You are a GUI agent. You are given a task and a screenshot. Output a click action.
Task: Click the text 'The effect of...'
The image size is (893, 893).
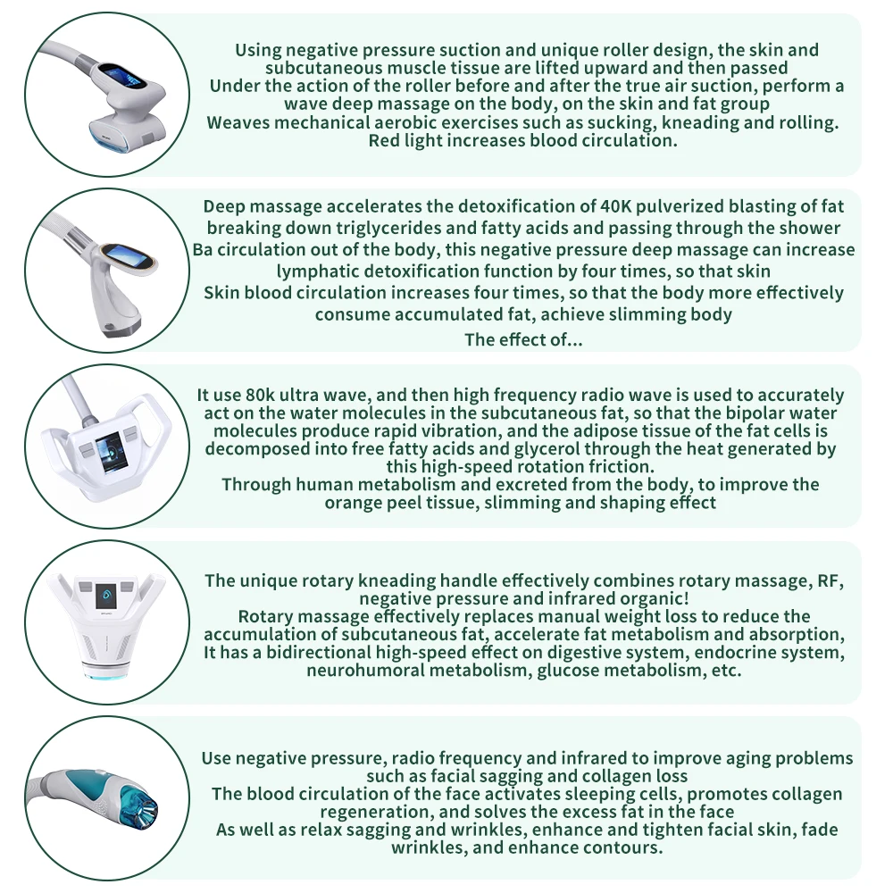pyautogui.click(x=523, y=339)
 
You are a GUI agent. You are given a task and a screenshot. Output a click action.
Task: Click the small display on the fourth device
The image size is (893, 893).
pyautogui.click(x=106, y=592)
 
